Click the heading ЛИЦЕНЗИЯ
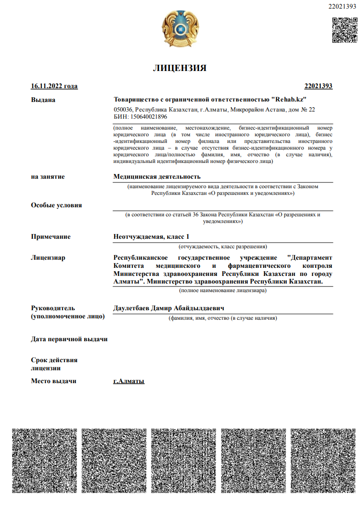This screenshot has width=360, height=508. click(x=180, y=68)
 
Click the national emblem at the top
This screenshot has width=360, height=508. click(x=180, y=30)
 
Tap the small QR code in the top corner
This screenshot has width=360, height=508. click(x=344, y=30)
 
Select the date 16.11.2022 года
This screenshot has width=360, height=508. click(x=54, y=86)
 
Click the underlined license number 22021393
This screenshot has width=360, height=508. click(x=318, y=86)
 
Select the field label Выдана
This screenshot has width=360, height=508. click(x=43, y=100)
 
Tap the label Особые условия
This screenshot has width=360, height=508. click(x=56, y=205)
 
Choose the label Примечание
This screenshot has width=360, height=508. click(x=50, y=237)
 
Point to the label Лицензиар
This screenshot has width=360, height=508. click(x=48, y=258)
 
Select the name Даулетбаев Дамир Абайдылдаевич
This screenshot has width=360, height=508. click(x=169, y=308)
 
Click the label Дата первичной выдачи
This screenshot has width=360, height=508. click(x=69, y=339)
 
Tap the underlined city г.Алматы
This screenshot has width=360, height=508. click(x=129, y=381)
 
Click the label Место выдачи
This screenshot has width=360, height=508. click(x=53, y=381)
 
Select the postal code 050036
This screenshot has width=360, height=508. click(x=123, y=110)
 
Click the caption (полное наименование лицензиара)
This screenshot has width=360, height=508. click(x=222, y=290)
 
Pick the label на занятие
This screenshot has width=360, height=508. click(x=48, y=177)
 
